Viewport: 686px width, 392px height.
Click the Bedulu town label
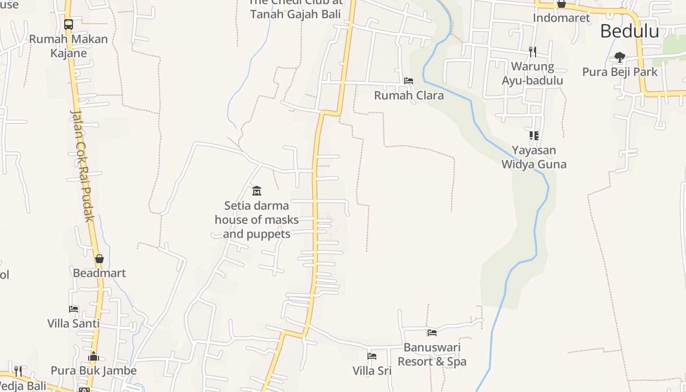(x=629, y=31)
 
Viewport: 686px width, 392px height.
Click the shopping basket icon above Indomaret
(x=561, y=4)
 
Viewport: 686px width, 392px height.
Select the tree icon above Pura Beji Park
(x=620, y=57)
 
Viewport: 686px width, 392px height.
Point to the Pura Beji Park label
(x=619, y=72)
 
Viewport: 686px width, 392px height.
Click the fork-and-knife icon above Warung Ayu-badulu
(x=533, y=52)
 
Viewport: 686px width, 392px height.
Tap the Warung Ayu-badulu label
(x=532, y=73)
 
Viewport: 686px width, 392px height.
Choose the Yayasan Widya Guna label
(x=534, y=157)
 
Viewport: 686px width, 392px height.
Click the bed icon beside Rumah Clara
(x=408, y=81)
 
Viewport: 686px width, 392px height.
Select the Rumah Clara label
(x=409, y=95)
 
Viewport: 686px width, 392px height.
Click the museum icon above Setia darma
(x=256, y=191)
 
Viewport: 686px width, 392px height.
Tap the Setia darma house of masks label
(x=256, y=220)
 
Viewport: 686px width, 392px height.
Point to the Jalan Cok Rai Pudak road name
(x=81, y=166)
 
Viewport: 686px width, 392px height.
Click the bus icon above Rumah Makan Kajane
(x=69, y=24)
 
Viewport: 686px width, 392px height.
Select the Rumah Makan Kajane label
(x=69, y=46)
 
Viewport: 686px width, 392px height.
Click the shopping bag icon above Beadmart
(x=99, y=259)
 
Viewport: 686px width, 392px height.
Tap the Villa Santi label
(x=73, y=323)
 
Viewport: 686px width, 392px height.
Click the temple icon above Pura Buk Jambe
(x=94, y=356)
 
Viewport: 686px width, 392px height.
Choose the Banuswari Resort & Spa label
(x=432, y=354)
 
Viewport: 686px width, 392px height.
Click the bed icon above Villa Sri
(x=372, y=356)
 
